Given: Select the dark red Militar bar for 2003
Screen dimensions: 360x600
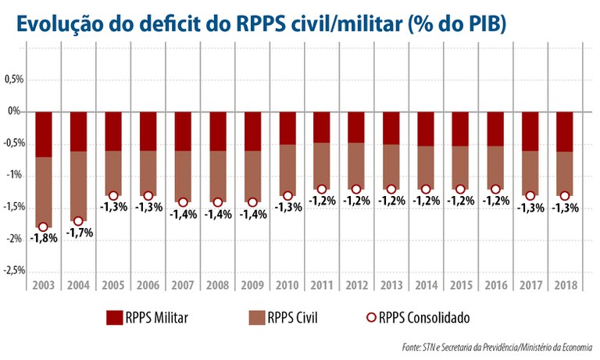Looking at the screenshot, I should click(x=44, y=134).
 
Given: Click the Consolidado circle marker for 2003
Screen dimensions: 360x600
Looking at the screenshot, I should click(x=44, y=226).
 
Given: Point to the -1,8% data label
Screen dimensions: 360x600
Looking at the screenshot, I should click(x=43, y=238).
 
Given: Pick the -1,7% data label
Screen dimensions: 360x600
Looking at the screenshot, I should click(x=78, y=232).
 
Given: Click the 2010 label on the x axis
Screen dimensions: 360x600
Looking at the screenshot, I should click(x=287, y=285).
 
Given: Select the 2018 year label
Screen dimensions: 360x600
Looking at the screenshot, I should click(x=565, y=285).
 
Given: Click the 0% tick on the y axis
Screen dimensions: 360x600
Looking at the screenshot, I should click(x=15, y=112).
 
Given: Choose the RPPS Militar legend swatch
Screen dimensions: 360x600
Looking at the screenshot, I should click(x=114, y=317).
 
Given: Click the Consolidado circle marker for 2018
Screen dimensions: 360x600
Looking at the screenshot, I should click(x=565, y=195).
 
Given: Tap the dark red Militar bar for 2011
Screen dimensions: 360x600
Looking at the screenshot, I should click(x=322, y=127).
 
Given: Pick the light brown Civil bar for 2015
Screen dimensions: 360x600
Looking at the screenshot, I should click(x=461, y=167).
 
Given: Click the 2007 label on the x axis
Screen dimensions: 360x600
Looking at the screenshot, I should click(x=183, y=285).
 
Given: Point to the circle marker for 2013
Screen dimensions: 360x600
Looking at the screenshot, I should click(x=391, y=189).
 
